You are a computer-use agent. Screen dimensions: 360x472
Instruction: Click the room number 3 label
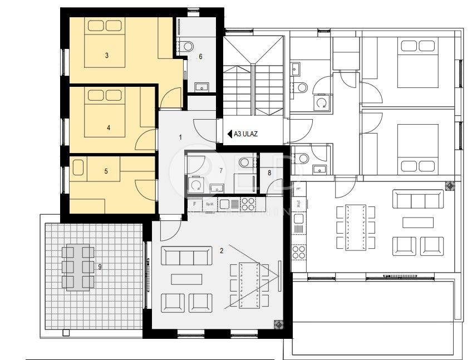coord(106,55)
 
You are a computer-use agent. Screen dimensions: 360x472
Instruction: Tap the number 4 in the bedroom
coord(108,127)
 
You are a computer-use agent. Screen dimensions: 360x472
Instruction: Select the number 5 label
coord(106,171)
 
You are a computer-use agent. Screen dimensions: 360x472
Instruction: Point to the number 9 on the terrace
coord(100,267)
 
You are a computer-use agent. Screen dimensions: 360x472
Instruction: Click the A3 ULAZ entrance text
coord(245,134)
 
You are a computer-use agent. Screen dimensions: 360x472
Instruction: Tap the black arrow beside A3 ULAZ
coord(229,134)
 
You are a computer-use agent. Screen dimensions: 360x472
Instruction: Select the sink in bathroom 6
coord(201,86)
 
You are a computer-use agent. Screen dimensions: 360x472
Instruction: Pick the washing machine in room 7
coord(195,183)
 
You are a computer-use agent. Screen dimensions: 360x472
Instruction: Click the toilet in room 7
coord(245,163)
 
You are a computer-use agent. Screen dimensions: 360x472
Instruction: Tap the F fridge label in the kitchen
coord(194,204)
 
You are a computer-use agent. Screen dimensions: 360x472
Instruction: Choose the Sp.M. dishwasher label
coord(210,204)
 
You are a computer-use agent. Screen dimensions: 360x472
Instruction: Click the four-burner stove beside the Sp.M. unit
coord(248,203)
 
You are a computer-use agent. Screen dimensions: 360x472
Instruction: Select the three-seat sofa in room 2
coord(186,256)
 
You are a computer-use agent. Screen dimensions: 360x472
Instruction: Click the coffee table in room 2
coord(186,278)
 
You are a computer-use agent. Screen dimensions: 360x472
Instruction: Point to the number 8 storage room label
coord(270,173)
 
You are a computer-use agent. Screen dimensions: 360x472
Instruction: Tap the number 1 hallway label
coord(180,136)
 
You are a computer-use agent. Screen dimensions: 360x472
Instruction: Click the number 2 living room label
coord(222,251)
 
